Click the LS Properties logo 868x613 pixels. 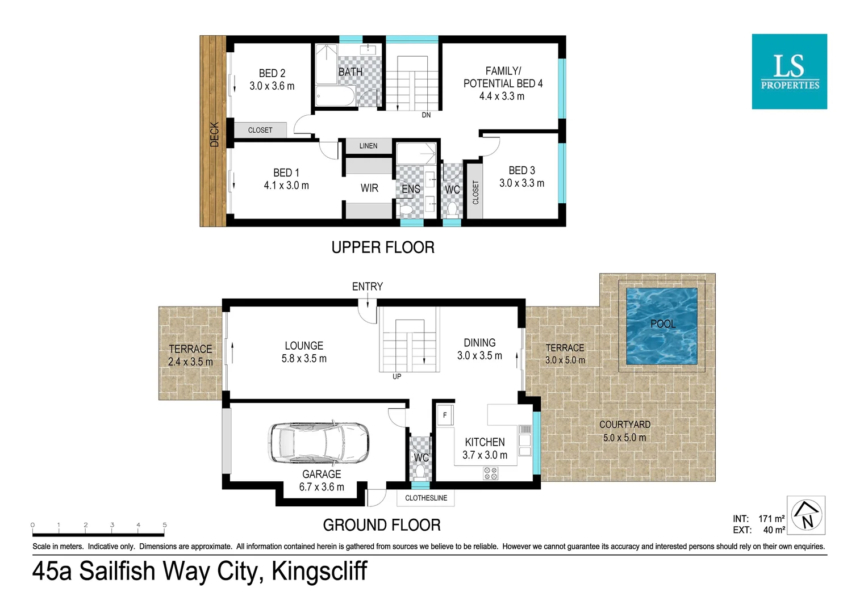pos(789,72)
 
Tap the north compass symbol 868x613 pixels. pos(806,515)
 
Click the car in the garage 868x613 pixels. pos(318,443)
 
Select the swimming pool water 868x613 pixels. pos(662,326)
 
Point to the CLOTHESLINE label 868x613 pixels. pos(425,498)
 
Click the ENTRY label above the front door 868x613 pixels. pos(367,287)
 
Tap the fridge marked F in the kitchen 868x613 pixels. pos(445,415)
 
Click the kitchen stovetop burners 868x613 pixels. pos(490,473)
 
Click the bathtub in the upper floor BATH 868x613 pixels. pos(335,96)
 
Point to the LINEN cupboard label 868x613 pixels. pos(368,146)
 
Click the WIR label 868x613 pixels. pos(369,188)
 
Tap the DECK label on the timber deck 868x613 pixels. pos(214,135)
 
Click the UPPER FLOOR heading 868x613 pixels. pos(383,247)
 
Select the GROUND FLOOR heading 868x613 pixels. pos(382,525)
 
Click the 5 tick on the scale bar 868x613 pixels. pos(165,526)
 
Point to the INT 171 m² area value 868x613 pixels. pos(771,519)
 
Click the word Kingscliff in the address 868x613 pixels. pos(319,571)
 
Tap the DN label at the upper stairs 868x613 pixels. pos(426,115)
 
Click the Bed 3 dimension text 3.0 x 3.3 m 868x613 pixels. pos(521,183)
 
